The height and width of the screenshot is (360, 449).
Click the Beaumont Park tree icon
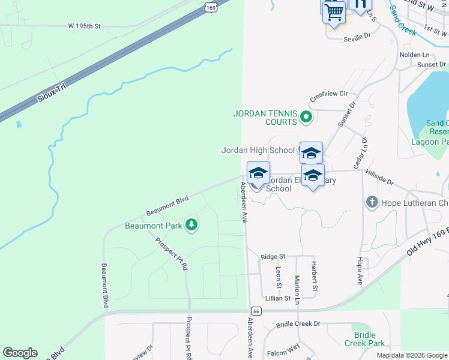click(x=191, y=225)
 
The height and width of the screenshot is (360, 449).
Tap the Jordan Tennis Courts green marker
click(x=306, y=116)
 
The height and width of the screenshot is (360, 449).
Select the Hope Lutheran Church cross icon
click(x=372, y=202)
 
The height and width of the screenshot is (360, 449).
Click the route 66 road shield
click(x=256, y=311)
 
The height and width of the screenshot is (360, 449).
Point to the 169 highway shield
click(x=210, y=7)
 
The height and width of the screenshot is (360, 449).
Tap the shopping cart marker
click(x=334, y=12)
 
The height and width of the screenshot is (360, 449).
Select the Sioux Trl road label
click(x=50, y=92)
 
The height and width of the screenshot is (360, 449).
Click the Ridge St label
click(x=273, y=256)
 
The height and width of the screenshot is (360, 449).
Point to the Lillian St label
click(x=277, y=298)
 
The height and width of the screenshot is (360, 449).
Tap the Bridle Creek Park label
click(x=365, y=339)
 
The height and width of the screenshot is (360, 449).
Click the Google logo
click(x=20, y=353)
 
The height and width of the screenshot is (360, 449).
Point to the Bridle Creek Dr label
click(x=298, y=324)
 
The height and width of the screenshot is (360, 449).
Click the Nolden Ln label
click(x=414, y=55)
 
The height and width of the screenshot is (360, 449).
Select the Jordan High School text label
click(x=258, y=150)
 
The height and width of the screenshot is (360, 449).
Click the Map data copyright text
click(x=412, y=355)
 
